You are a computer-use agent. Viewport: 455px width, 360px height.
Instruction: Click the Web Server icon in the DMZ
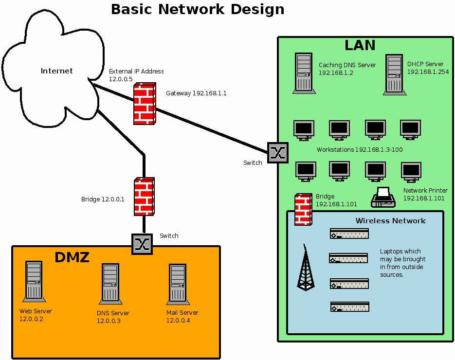(34, 281)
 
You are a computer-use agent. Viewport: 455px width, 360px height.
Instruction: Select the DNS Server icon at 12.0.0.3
(110, 284)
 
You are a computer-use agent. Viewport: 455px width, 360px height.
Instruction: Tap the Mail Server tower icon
(178, 284)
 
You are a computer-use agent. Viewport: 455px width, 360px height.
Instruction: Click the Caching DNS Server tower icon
(304, 73)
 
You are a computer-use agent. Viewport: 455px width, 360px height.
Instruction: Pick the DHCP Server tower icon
(394, 74)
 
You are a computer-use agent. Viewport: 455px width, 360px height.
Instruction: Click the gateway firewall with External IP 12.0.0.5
(145, 104)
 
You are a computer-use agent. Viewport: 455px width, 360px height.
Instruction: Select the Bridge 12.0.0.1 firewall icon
(144, 197)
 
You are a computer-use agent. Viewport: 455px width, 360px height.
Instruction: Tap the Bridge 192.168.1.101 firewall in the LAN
(303, 210)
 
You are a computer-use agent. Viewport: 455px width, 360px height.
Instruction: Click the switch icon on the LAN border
(278, 153)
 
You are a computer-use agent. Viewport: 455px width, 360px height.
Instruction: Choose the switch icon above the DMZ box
(142, 244)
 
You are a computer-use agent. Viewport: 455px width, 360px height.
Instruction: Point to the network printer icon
(383, 197)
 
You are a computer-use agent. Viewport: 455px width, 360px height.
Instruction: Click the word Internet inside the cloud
(56, 71)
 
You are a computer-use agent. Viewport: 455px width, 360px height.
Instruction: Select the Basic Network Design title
(198, 9)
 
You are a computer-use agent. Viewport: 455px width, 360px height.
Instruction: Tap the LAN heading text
(360, 45)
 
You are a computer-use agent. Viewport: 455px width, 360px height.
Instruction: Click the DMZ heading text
(72, 257)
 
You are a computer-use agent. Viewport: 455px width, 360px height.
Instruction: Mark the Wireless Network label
(390, 221)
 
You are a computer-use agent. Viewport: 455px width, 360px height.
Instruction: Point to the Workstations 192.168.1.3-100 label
(360, 149)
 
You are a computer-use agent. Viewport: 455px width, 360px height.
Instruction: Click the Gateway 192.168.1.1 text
(196, 93)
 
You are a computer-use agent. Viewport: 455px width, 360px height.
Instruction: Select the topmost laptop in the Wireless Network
(349, 234)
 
